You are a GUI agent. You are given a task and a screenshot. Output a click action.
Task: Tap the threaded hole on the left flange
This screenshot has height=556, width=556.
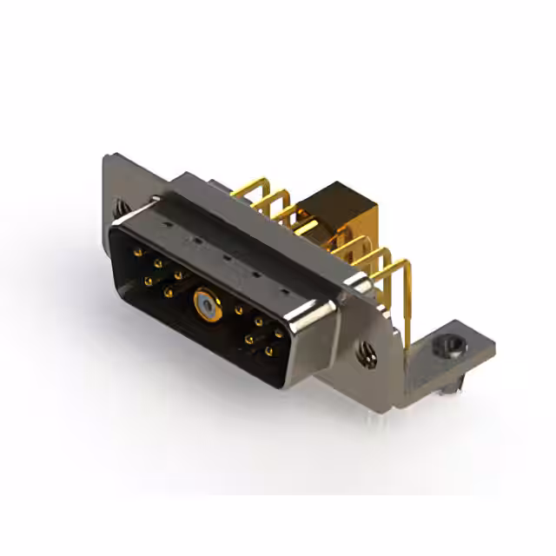119,209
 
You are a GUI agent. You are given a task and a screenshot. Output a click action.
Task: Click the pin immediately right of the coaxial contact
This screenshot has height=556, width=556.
237,309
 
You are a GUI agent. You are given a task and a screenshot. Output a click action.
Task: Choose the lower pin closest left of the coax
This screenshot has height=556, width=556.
168,293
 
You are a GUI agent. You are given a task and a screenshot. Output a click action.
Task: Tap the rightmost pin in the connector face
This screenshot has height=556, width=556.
278,334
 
